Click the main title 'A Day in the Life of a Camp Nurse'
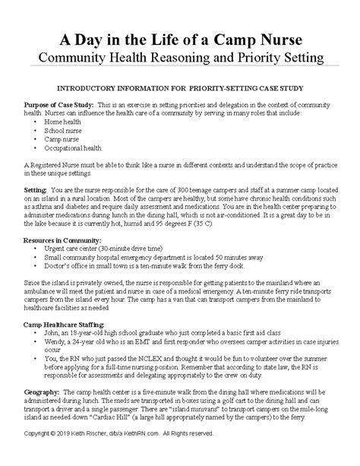tap(180, 40)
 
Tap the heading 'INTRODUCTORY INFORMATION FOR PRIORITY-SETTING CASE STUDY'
tap(180, 89)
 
